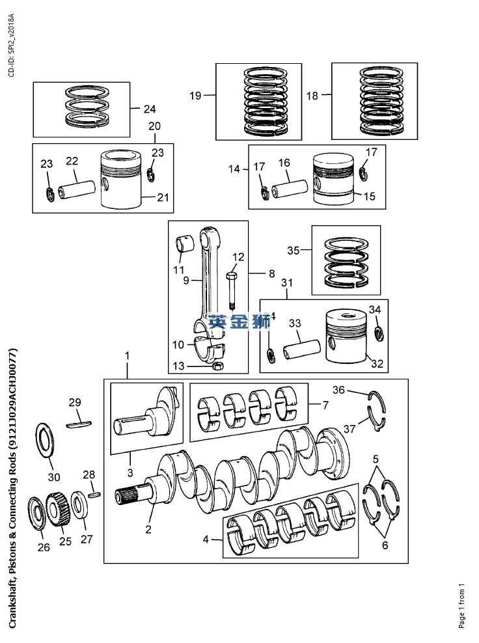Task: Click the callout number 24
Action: tap(150, 109)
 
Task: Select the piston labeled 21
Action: tap(121, 179)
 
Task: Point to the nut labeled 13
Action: tap(219, 366)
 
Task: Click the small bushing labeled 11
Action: tap(185, 243)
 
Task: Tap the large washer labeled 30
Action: tap(45, 441)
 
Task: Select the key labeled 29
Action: tap(79, 424)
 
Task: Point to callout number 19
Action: tap(195, 96)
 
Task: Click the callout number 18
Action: tap(312, 96)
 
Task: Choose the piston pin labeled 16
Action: tap(290, 188)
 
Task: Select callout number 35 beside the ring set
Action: tap(294, 250)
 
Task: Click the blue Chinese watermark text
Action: tap(239, 321)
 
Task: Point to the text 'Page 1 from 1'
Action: tap(462, 606)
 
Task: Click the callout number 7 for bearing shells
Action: tap(325, 405)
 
